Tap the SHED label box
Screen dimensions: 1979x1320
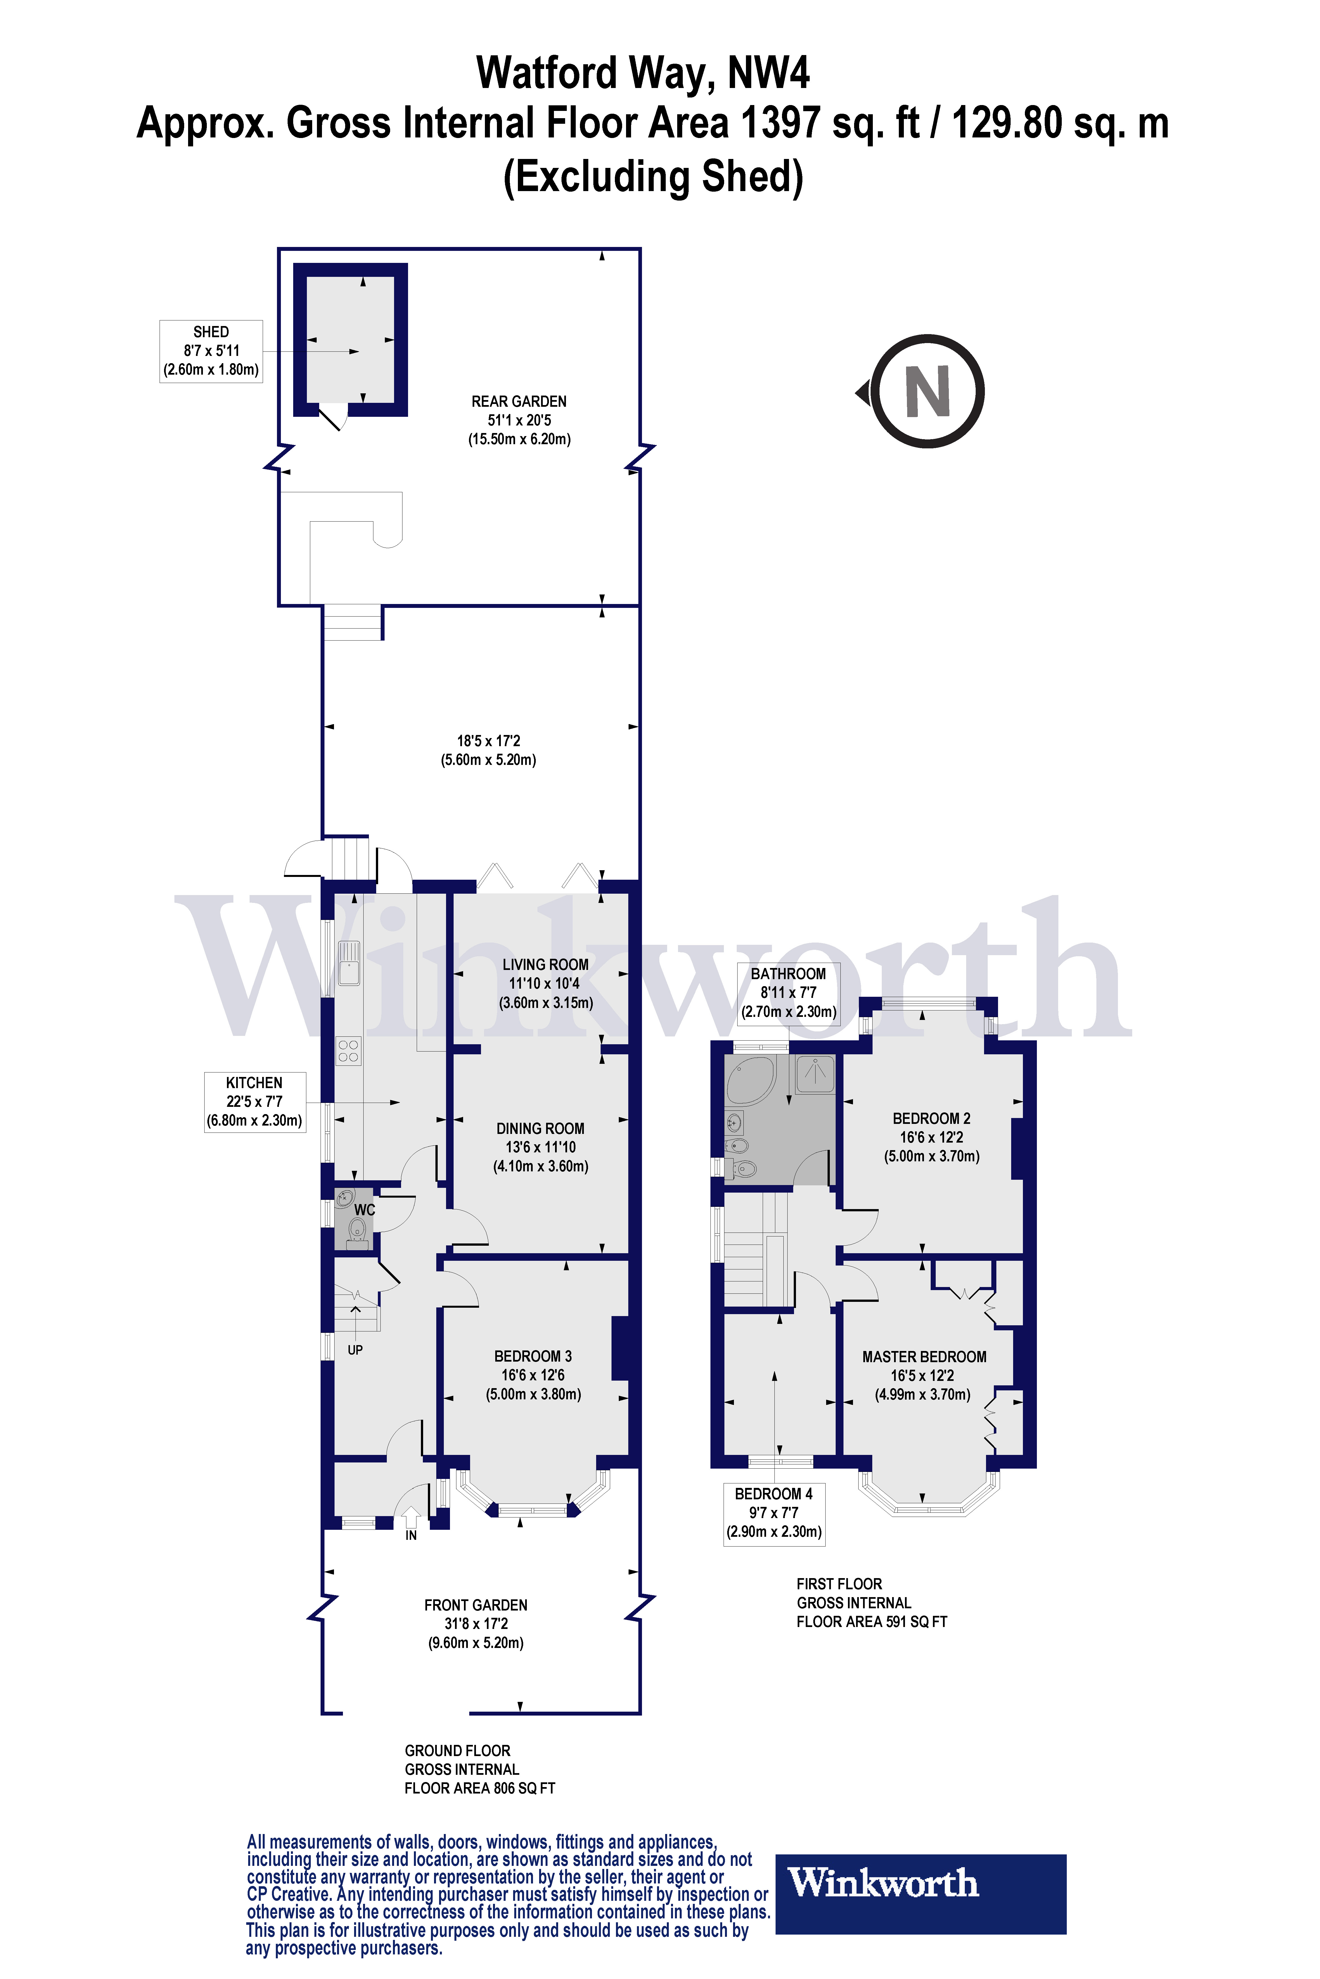click(x=211, y=351)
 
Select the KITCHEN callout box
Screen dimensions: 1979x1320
click(x=254, y=1102)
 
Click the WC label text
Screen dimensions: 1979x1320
click(x=364, y=1210)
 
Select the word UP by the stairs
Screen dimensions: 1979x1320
click(x=355, y=1350)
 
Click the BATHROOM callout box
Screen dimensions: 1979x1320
click(x=789, y=993)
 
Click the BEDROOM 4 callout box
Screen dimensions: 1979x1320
click(x=774, y=1513)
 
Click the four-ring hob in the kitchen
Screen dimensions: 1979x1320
click(x=348, y=1051)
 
